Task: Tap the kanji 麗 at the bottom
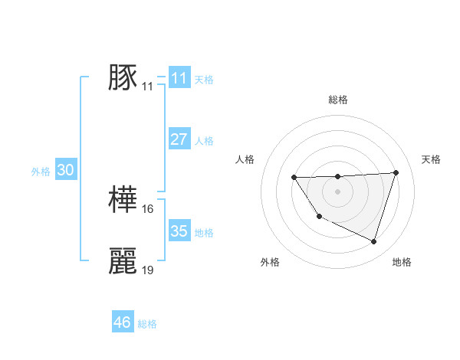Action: [123, 261]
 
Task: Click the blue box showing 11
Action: [179, 77]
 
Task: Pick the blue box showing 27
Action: [179, 139]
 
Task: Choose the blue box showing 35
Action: [179, 231]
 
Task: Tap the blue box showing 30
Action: [65, 171]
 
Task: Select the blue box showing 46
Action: [123, 322]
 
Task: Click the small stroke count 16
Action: [148, 209]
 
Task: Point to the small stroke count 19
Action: [148, 270]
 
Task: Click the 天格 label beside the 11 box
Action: [204, 79]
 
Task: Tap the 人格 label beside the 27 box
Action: [204, 141]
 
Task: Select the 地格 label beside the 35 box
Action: [204, 233]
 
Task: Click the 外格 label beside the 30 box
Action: [41, 172]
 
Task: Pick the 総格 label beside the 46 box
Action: [147, 324]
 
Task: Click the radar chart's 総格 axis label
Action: [337, 100]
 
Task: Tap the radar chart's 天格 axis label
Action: [432, 159]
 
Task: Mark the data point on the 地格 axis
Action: [374, 241]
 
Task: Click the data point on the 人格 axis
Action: [294, 178]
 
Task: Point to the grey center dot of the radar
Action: [337, 191]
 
